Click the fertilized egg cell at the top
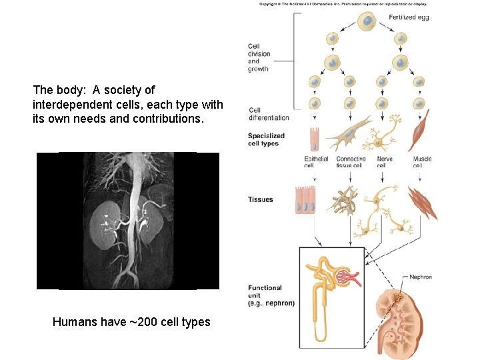pyautogui.click(x=367, y=22)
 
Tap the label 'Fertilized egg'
pyautogui.click(x=409, y=17)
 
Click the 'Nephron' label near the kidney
pyautogui.click(x=421, y=277)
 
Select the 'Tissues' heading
pyautogui.click(x=261, y=199)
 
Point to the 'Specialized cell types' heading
pyautogui.click(x=266, y=139)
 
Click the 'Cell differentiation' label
pyautogui.click(x=269, y=114)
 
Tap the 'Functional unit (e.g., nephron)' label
pyautogui.click(x=271, y=295)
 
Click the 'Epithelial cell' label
pyautogui.click(x=316, y=162)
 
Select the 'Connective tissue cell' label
pyautogui.click(x=351, y=162)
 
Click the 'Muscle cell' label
pyautogui.click(x=422, y=162)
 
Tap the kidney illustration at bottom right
pyautogui.click(x=404, y=320)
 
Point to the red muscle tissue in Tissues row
pyautogui.click(x=423, y=203)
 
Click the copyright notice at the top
pyautogui.click(x=343, y=4)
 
